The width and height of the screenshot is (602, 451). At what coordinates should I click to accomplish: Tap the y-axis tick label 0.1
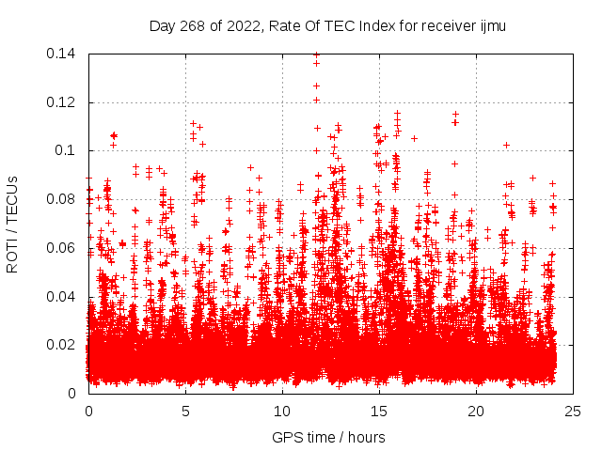coord(68,150)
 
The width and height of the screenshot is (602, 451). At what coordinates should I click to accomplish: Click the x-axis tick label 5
coord(185,412)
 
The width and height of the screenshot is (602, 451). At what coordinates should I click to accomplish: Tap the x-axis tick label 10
coord(282,412)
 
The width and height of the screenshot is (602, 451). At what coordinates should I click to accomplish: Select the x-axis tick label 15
coord(379,412)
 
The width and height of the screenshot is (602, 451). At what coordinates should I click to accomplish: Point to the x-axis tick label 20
coord(476,412)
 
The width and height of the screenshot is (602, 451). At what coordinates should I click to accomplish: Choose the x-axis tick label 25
coord(573,412)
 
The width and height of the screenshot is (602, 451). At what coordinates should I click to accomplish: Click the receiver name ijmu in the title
coord(492,26)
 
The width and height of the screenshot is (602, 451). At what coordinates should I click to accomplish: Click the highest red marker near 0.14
coord(316,54)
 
